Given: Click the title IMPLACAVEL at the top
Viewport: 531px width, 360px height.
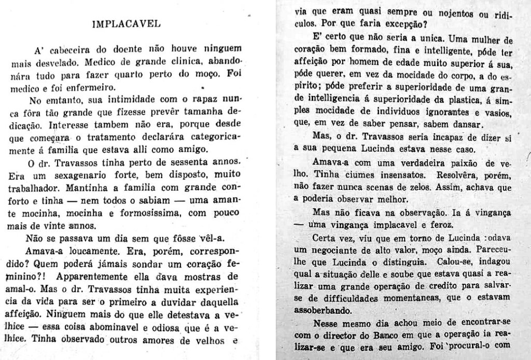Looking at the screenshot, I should point(125,24).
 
